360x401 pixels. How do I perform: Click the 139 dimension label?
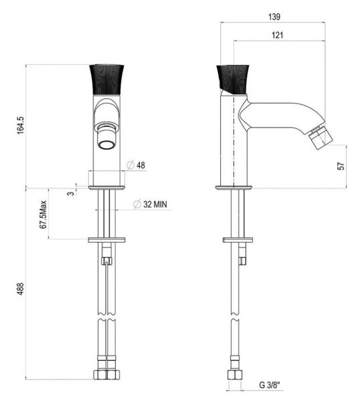point(274,17)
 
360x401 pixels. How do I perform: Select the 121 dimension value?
point(277,35)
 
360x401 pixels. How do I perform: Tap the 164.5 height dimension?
point(20,126)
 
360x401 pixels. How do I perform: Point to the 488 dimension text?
point(20,289)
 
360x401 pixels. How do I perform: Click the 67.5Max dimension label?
point(43,215)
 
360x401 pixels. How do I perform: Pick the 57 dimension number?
point(341,166)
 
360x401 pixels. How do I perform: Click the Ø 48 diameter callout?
point(136,165)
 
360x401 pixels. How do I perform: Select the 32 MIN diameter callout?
point(151,204)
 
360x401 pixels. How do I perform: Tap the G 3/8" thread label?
point(270,385)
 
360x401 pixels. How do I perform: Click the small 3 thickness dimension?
point(71,193)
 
